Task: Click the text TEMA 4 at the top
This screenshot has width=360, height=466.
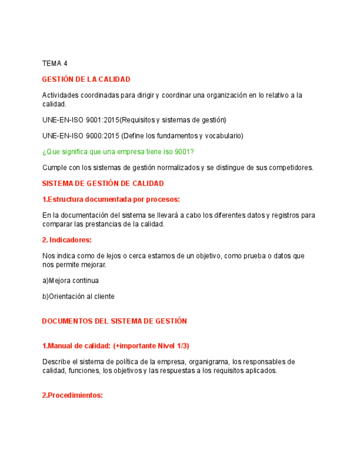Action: [54, 64]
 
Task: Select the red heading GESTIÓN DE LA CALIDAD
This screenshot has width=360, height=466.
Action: [86, 80]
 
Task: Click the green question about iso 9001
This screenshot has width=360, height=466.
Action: [118, 152]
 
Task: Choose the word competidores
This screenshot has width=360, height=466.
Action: [291, 168]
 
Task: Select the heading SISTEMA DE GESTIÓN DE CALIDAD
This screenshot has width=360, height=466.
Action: [103, 184]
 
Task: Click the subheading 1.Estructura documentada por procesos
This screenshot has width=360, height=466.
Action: [111, 199]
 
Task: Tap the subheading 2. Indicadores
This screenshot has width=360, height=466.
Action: [67, 240]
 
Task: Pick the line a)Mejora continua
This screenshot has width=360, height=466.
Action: [70, 280]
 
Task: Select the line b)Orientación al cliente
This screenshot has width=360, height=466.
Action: [78, 296]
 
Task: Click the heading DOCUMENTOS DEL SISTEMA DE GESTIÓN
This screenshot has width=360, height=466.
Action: [114, 321]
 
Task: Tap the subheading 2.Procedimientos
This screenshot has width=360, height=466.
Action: [73, 395]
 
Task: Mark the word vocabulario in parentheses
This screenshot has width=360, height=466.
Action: [222, 136]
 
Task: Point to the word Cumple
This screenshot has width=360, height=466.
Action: [54, 168]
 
